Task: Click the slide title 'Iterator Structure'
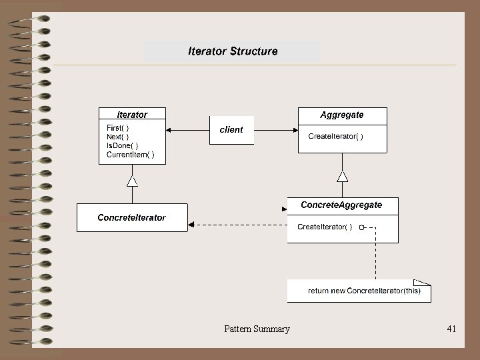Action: (x=233, y=51)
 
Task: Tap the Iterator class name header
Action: (x=132, y=115)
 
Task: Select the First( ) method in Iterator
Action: (x=118, y=127)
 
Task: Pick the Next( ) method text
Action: (x=118, y=137)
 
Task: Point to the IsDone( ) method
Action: (x=123, y=145)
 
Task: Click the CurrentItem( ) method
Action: (x=131, y=155)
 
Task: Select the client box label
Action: (x=231, y=130)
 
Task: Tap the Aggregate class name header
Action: (x=342, y=115)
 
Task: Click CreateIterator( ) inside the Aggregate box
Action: (x=335, y=137)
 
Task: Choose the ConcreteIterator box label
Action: (x=132, y=217)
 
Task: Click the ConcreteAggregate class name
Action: (x=342, y=205)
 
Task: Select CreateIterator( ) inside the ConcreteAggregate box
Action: (x=325, y=227)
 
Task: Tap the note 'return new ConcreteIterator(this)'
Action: (x=364, y=291)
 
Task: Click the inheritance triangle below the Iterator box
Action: (x=132, y=181)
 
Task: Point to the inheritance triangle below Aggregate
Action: (x=343, y=176)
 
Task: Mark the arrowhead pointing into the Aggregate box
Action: (x=294, y=129)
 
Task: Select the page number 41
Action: (x=451, y=329)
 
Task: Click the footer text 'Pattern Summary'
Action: (x=257, y=329)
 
